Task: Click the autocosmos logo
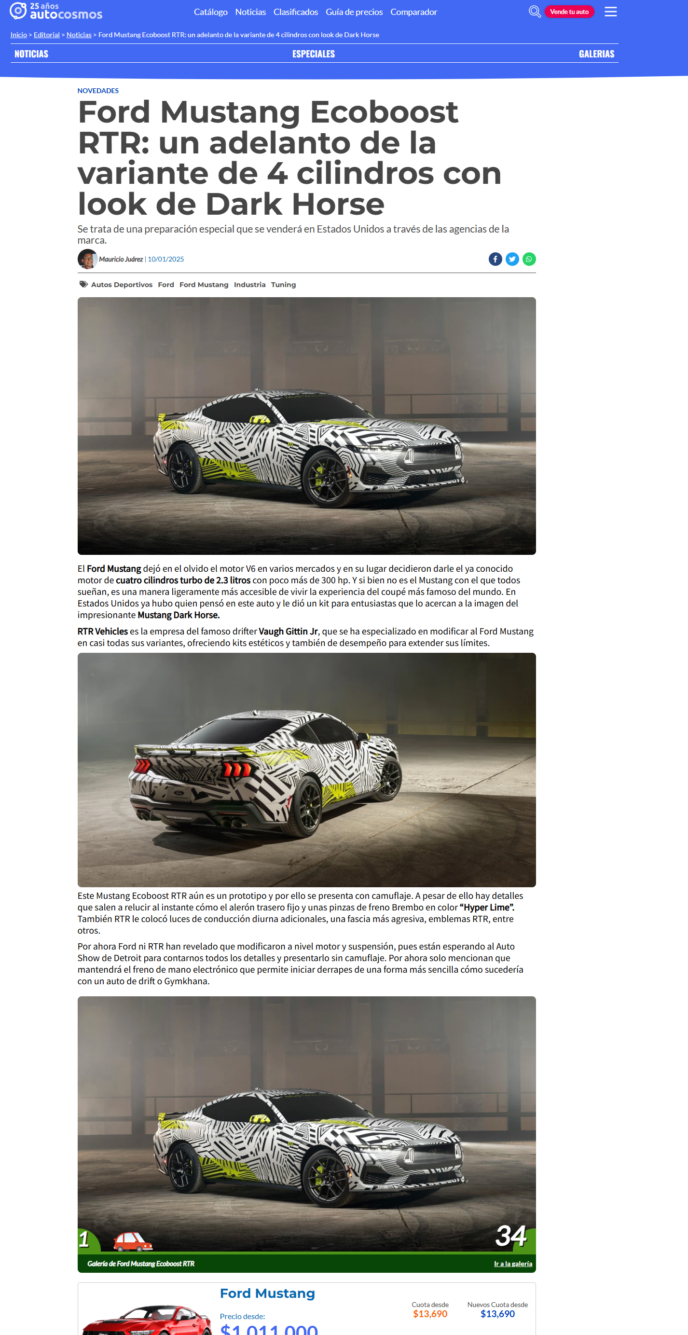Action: coord(56,11)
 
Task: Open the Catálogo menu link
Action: coord(210,12)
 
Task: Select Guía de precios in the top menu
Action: coord(354,12)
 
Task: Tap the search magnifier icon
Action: coord(534,12)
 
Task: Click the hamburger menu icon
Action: coord(610,12)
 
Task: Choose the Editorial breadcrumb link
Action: coord(47,35)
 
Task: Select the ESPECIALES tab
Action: coord(314,54)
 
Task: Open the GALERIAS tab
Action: coord(596,54)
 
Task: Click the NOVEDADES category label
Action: coord(98,91)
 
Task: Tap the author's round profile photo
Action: coord(87,259)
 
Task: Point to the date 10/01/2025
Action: coord(166,259)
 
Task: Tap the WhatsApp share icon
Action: coord(529,259)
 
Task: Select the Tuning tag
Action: coord(283,285)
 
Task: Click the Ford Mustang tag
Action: coord(204,285)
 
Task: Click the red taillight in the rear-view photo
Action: coord(238,769)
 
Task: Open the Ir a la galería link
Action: coord(513,1264)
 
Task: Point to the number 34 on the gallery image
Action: coord(511,1236)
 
